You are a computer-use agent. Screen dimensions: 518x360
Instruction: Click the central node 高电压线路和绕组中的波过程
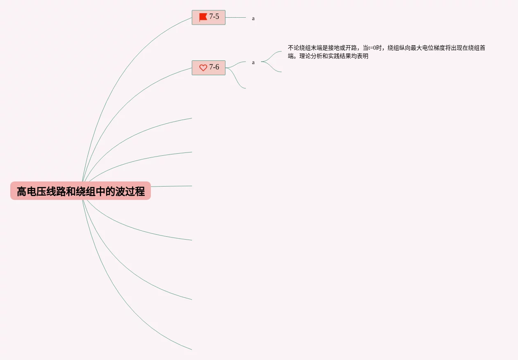pyautogui.click(x=81, y=191)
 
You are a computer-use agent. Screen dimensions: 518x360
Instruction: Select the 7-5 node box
pyautogui.click(x=208, y=17)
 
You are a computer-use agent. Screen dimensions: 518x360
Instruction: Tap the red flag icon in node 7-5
pyautogui.click(x=203, y=17)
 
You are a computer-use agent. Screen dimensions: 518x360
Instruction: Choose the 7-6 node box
pyautogui.click(x=208, y=67)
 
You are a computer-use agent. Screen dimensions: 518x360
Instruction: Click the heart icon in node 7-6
pyautogui.click(x=203, y=68)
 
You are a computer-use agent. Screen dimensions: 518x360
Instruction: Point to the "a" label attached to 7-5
pyautogui.click(x=253, y=18)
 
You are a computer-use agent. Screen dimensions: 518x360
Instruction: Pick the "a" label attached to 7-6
pyautogui.click(x=253, y=62)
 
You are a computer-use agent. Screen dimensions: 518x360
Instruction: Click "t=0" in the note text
pyautogui.click(x=372, y=48)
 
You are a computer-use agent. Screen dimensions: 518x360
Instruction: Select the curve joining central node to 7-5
pyautogui.click(x=123, y=62)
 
